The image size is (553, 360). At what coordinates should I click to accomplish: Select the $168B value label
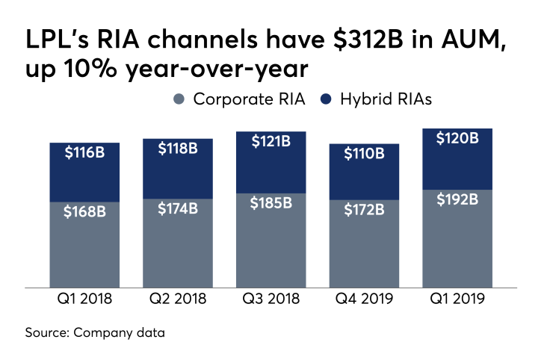point(84,211)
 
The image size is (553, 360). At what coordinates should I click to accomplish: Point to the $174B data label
point(178,208)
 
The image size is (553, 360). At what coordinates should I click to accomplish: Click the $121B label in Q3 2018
point(271,141)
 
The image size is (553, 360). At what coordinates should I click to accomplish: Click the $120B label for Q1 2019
point(457,138)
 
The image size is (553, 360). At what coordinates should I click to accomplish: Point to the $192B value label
point(457,199)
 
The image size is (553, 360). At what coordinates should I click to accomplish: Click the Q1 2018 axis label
point(84,300)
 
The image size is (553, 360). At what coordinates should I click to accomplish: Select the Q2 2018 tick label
point(178,300)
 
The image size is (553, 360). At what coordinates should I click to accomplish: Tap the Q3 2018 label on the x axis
point(271,300)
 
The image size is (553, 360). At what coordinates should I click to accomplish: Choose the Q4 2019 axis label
point(365,300)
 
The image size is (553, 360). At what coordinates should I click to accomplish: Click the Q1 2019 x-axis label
point(457,300)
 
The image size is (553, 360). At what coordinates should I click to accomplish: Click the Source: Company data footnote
point(96,332)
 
